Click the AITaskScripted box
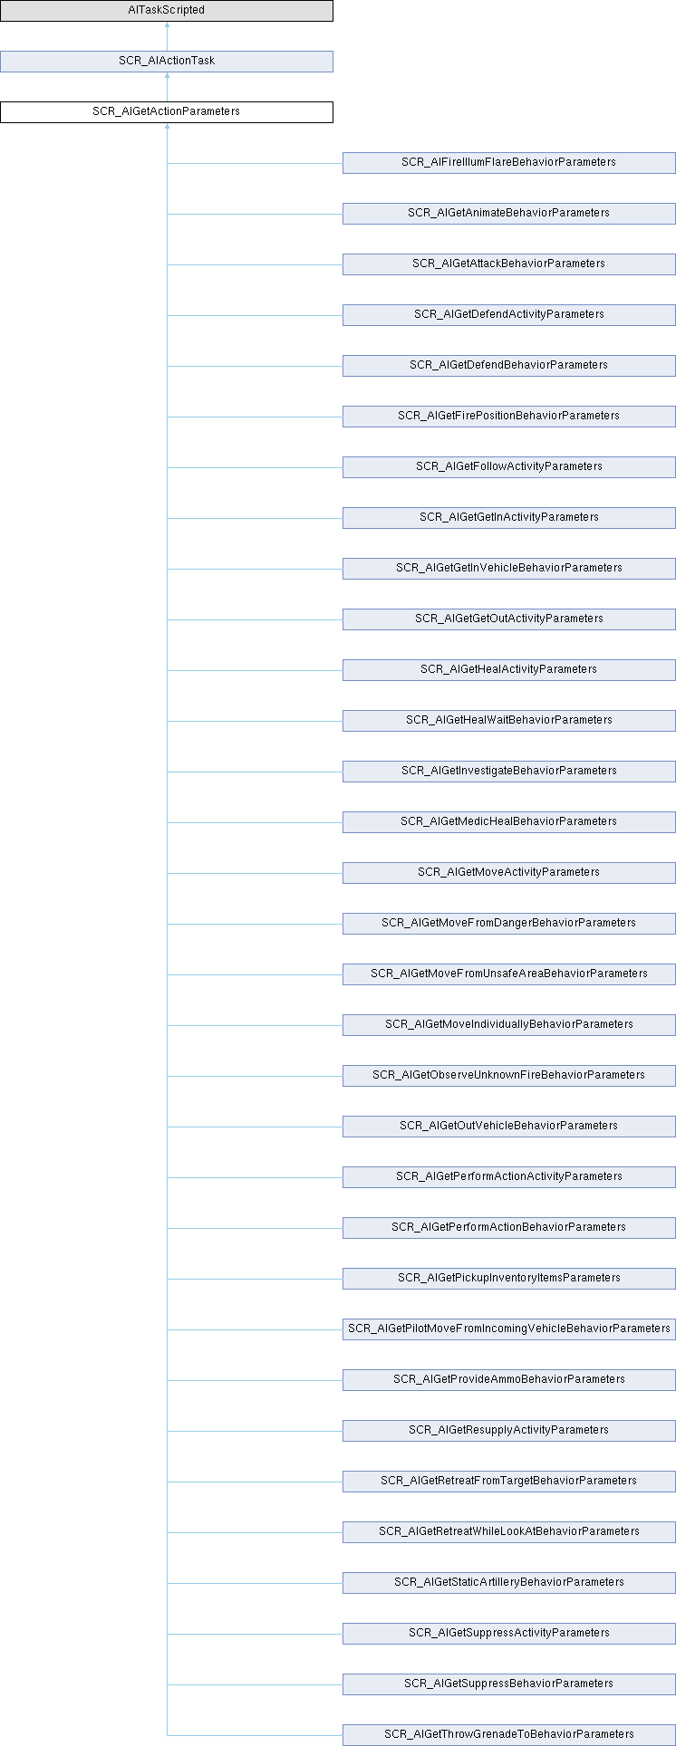pos(167,11)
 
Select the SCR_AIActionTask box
pos(167,62)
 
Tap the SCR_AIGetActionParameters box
pos(167,112)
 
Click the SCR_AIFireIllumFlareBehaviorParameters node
pos(509,163)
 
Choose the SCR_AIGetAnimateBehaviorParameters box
pos(509,214)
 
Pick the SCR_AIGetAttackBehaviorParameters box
pos(509,264)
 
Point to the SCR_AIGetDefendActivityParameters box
pos(509,315)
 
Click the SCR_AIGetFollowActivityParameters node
pos(509,467)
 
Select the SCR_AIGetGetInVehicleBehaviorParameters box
pos(509,569)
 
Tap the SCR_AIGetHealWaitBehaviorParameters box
pos(509,721)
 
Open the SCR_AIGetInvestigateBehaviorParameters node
pos(509,772)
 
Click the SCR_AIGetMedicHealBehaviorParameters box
pos(509,822)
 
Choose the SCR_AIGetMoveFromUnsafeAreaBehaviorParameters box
pos(509,974)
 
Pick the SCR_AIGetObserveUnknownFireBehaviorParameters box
pos(509,1076)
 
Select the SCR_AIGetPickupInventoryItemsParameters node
pos(509,1279)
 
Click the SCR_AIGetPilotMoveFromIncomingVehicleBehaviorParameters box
pos(509,1329)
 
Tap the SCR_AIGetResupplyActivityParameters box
pos(509,1431)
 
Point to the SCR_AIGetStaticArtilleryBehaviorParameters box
pos(509,1583)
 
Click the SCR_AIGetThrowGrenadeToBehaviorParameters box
pos(509,1735)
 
